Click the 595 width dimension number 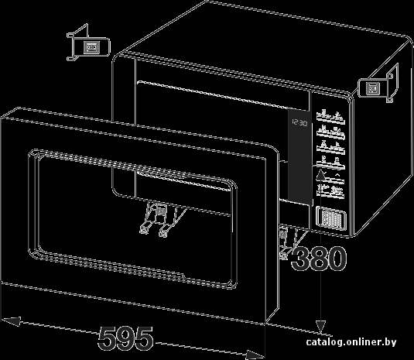[x=125, y=338]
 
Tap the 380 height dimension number [x=319, y=259]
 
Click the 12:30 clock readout [x=299, y=123]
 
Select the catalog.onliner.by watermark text [x=351, y=342]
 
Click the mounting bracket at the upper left [x=88, y=43]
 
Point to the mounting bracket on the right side [x=378, y=84]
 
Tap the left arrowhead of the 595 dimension [x=11, y=321]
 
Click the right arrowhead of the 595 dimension [x=255, y=355]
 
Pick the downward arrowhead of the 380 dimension [x=320, y=327]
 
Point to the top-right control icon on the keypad [x=338, y=117]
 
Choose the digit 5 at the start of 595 [x=107, y=338]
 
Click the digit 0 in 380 [x=337, y=259]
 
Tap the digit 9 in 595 [x=125, y=338]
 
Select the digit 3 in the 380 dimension [x=300, y=259]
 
